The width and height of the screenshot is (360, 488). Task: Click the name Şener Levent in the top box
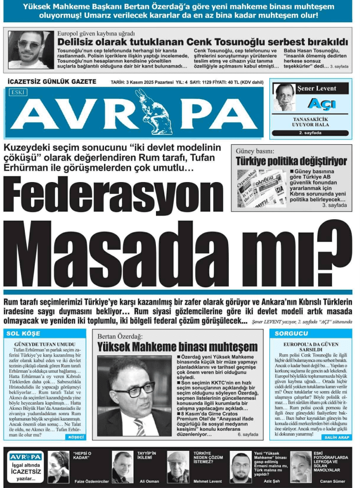tap(316, 88)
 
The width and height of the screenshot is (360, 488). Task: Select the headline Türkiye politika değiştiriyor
tap(291, 162)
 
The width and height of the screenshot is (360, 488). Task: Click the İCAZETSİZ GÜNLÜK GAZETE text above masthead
tap(52, 81)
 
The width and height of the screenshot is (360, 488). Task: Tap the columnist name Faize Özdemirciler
tap(91, 481)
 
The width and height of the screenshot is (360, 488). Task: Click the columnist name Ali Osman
tap(149, 481)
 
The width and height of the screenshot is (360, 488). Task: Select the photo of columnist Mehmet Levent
tap(177, 467)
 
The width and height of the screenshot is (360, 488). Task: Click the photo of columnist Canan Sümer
tap(300, 467)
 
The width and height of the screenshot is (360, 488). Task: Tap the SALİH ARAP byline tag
tap(337, 437)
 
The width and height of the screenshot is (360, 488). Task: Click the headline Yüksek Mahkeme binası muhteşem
tap(177, 347)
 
